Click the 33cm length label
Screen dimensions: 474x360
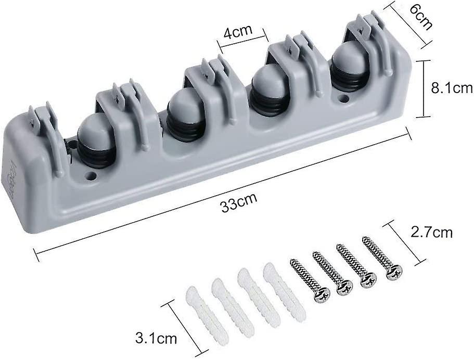pyautogui.click(x=239, y=202)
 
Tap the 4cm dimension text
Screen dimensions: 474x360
pyautogui.click(x=238, y=32)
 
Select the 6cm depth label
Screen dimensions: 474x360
pyautogui.click(x=420, y=16)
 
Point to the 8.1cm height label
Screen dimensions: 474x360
pyautogui.click(x=452, y=88)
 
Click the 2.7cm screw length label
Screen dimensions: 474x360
pyautogui.click(x=432, y=233)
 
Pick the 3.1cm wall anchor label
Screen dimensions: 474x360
pyautogui.click(x=156, y=338)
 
